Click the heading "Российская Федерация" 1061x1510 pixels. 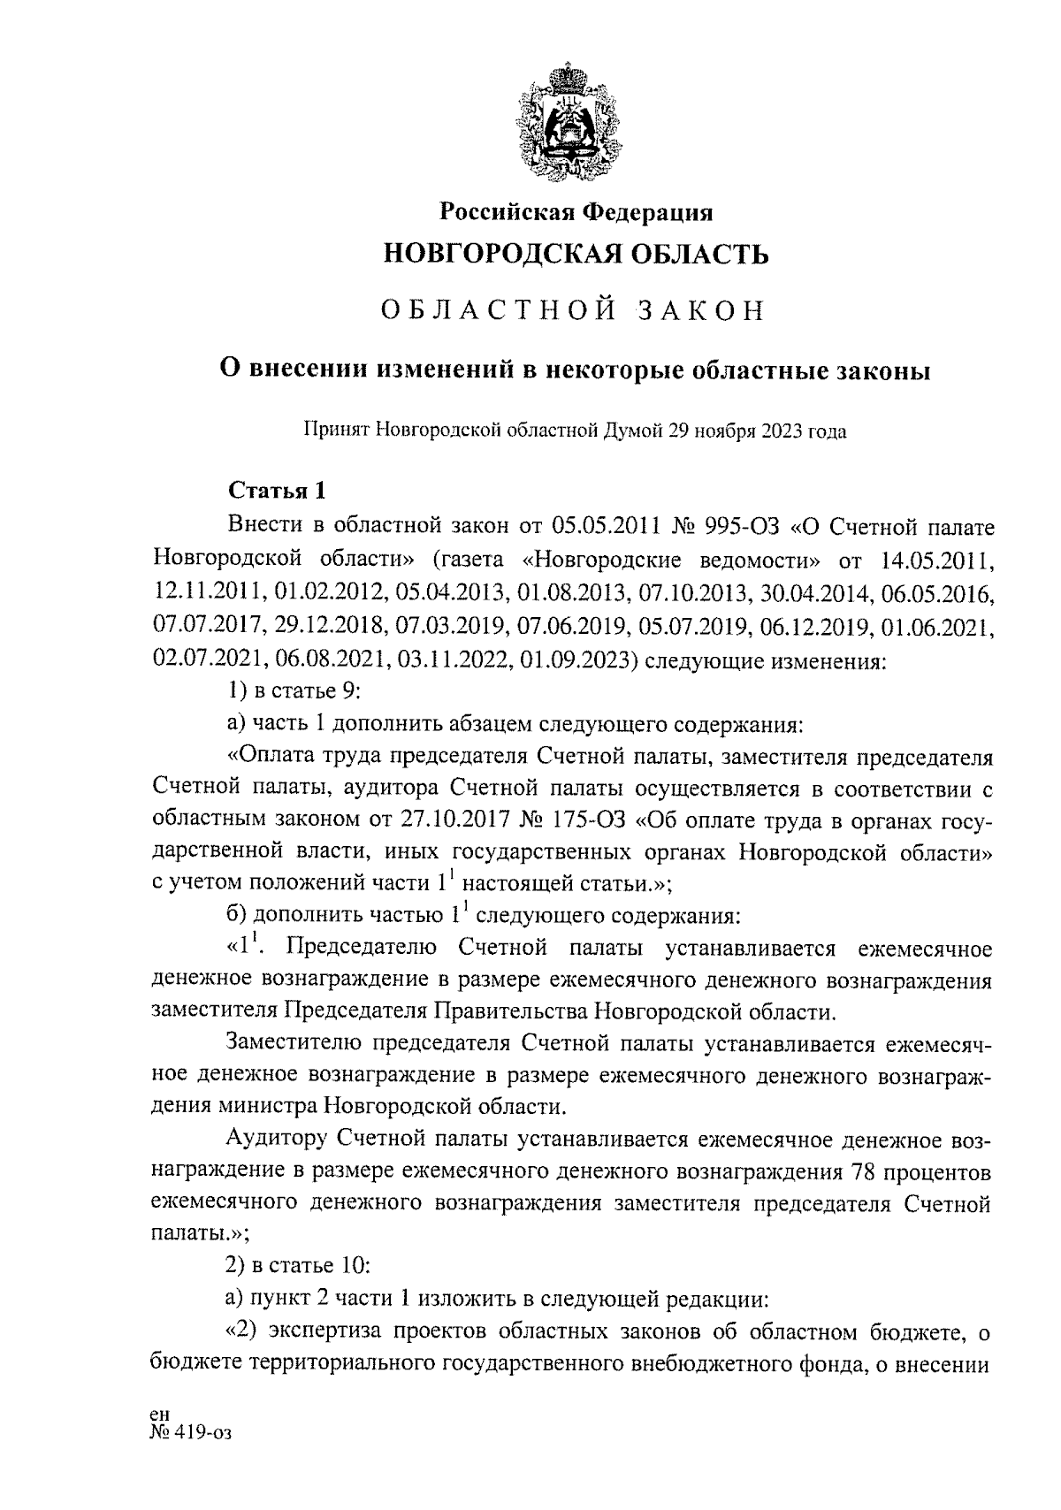coord(576,212)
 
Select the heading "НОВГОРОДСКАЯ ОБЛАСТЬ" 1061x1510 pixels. coord(576,255)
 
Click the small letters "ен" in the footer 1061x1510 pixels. coord(160,1415)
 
